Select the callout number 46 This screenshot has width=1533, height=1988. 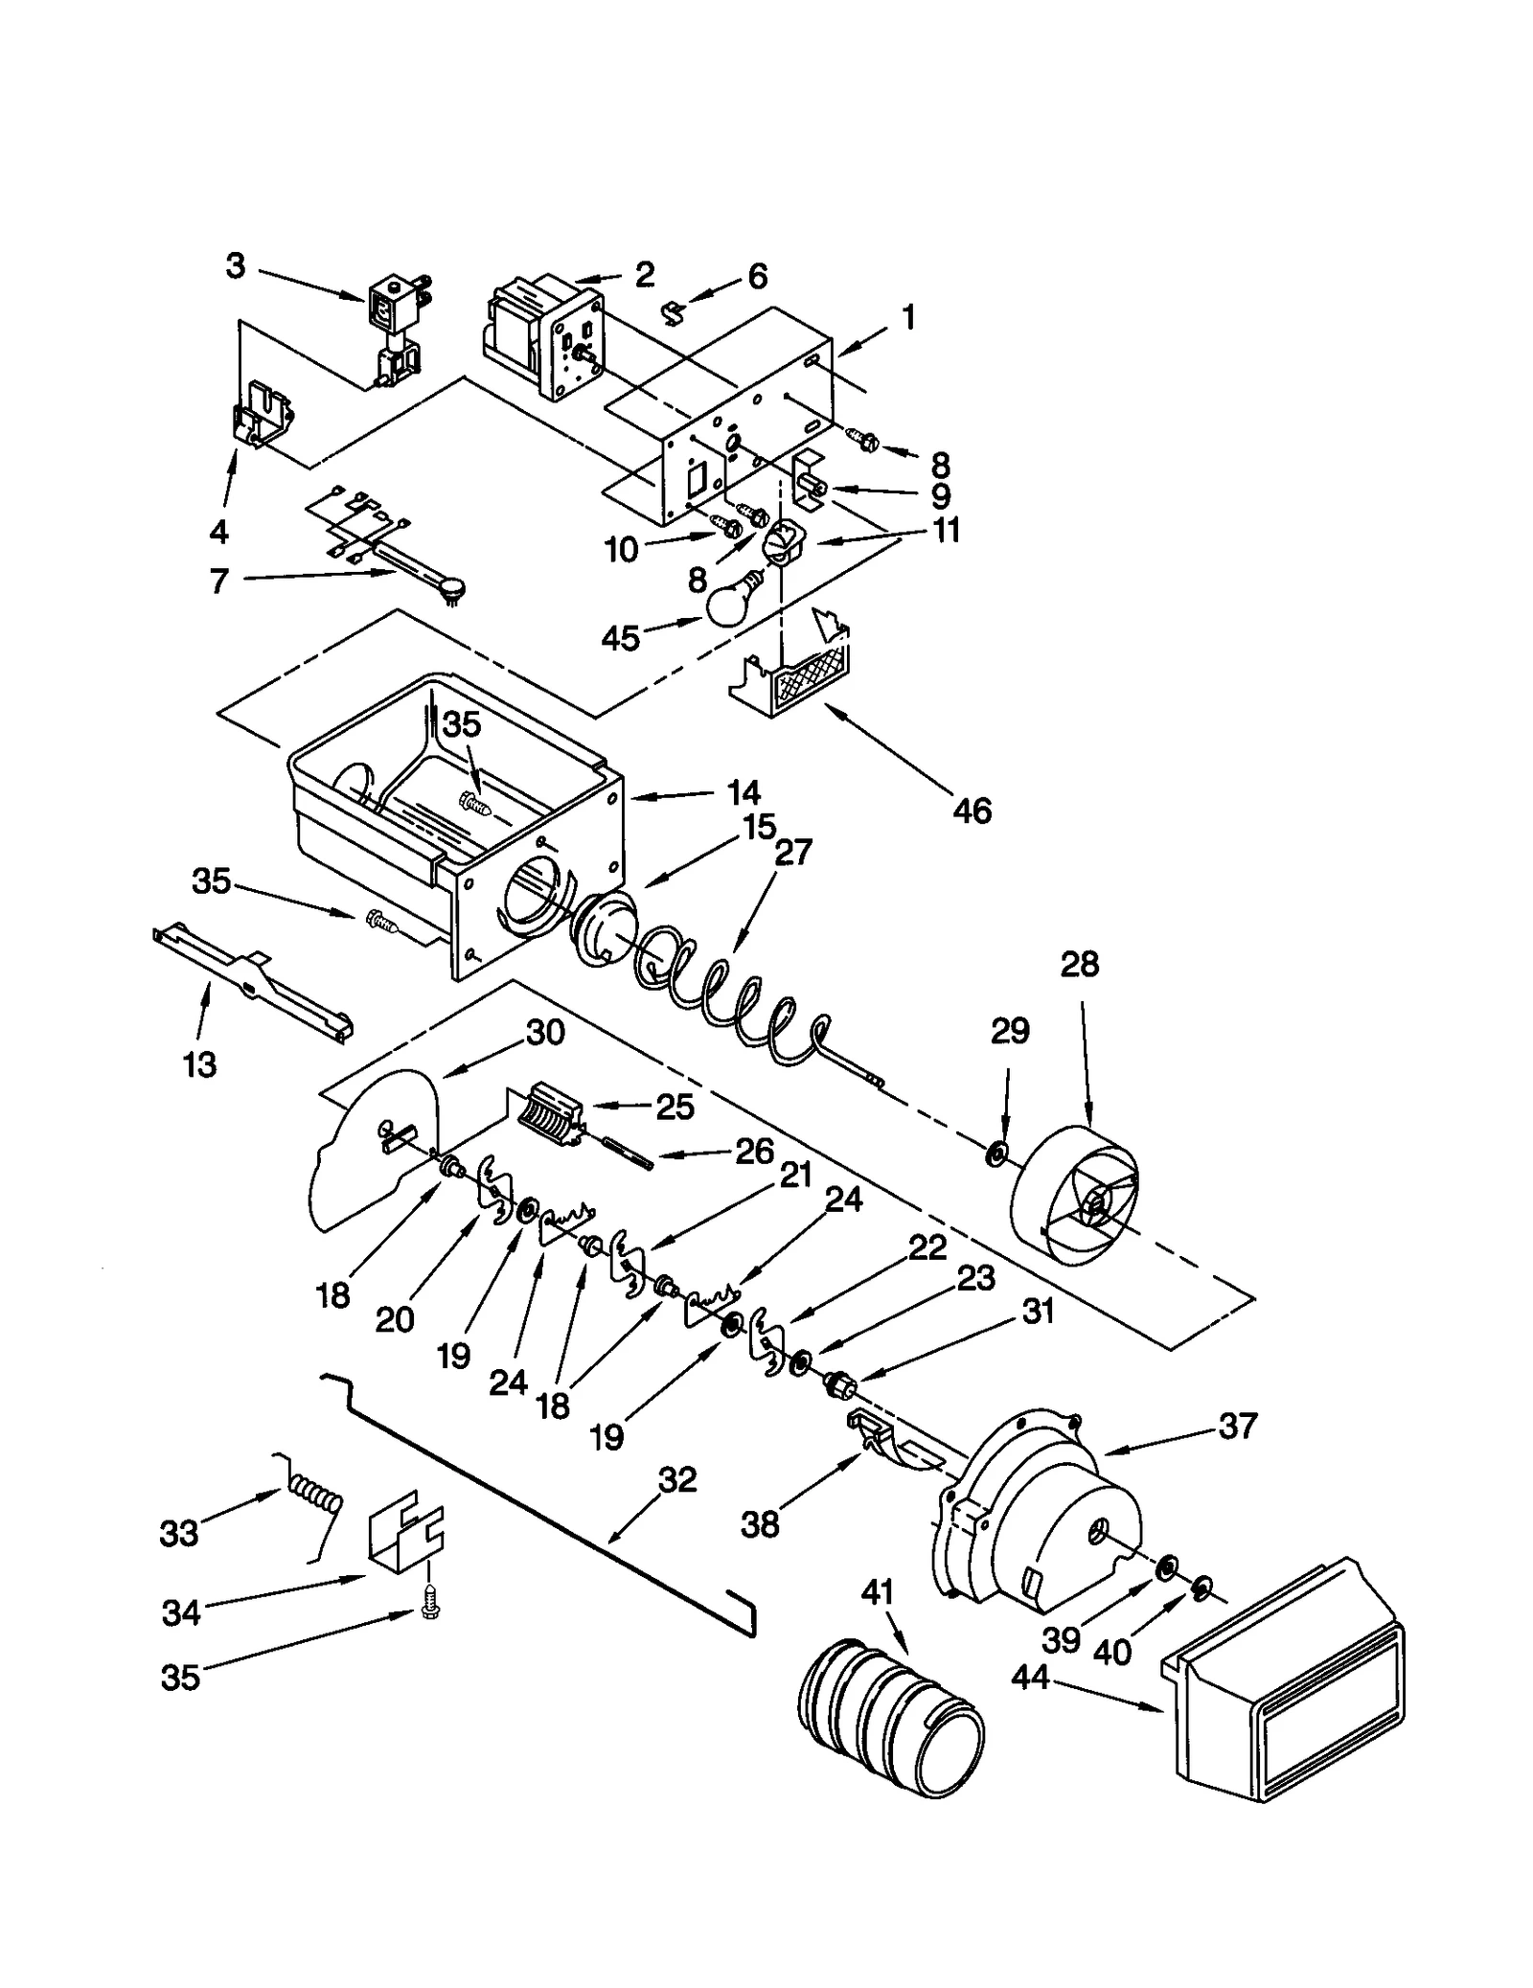pyautogui.click(x=972, y=811)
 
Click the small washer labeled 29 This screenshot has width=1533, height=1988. pyautogui.click(x=995, y=1154)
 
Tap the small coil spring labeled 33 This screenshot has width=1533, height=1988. pyautogui.click(x=311, y=1506)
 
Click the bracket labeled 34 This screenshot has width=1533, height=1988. pyautogui.click(x=404, y=1537)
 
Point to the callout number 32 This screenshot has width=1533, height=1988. pyautogui.click(x=677, y=1479)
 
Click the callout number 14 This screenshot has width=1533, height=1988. pyautogui.click(x=743, y=792)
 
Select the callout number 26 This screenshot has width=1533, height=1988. pyautogui.click(x=754, y=1151)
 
